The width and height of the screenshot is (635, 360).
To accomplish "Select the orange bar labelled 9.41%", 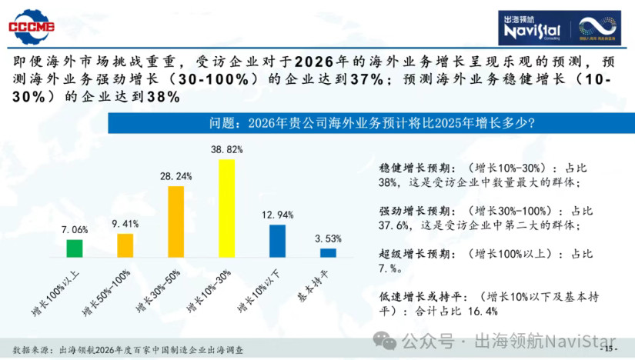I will pyautogui.click(x=125, y=245).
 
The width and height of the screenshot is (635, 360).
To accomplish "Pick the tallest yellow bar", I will pyautogui.click(x=226, y=207).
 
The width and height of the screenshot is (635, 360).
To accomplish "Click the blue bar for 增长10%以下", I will pyautogui.click(x=277, y=240).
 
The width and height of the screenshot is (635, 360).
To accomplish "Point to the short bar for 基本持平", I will pyautogui.click(x=328, y=252).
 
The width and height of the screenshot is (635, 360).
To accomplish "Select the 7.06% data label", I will pyautogui.click(x=75, y=229).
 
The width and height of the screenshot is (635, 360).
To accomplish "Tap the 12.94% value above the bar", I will pyautogui.click(x=277, y=213).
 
